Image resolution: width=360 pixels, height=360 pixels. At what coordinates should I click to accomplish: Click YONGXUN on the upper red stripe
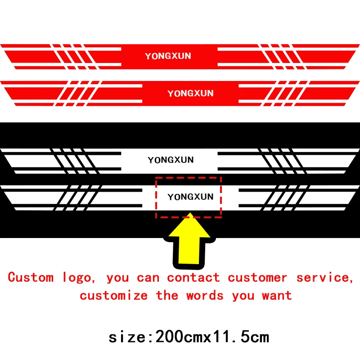(x=168, y=56)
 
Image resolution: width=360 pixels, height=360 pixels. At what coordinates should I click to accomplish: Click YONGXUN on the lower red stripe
(x=190, y=94)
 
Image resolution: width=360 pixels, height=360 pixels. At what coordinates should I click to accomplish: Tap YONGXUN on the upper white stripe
(x=171, y=160)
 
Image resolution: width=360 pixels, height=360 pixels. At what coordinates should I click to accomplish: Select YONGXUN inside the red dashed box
(x=190, y=197)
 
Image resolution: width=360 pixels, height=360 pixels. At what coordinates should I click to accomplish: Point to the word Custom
(x=31, y=277)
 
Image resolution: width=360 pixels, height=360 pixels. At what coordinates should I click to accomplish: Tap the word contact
(x=193, y=277)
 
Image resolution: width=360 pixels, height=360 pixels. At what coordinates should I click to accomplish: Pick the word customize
(x=114, y=296)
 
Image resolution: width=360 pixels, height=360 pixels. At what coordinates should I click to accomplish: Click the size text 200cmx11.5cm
(x=211, y=337)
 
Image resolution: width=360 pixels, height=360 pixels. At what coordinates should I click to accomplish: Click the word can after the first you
(x=148, y=278)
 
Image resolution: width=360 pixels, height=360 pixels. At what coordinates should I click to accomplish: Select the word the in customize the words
(x=167, y=296)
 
